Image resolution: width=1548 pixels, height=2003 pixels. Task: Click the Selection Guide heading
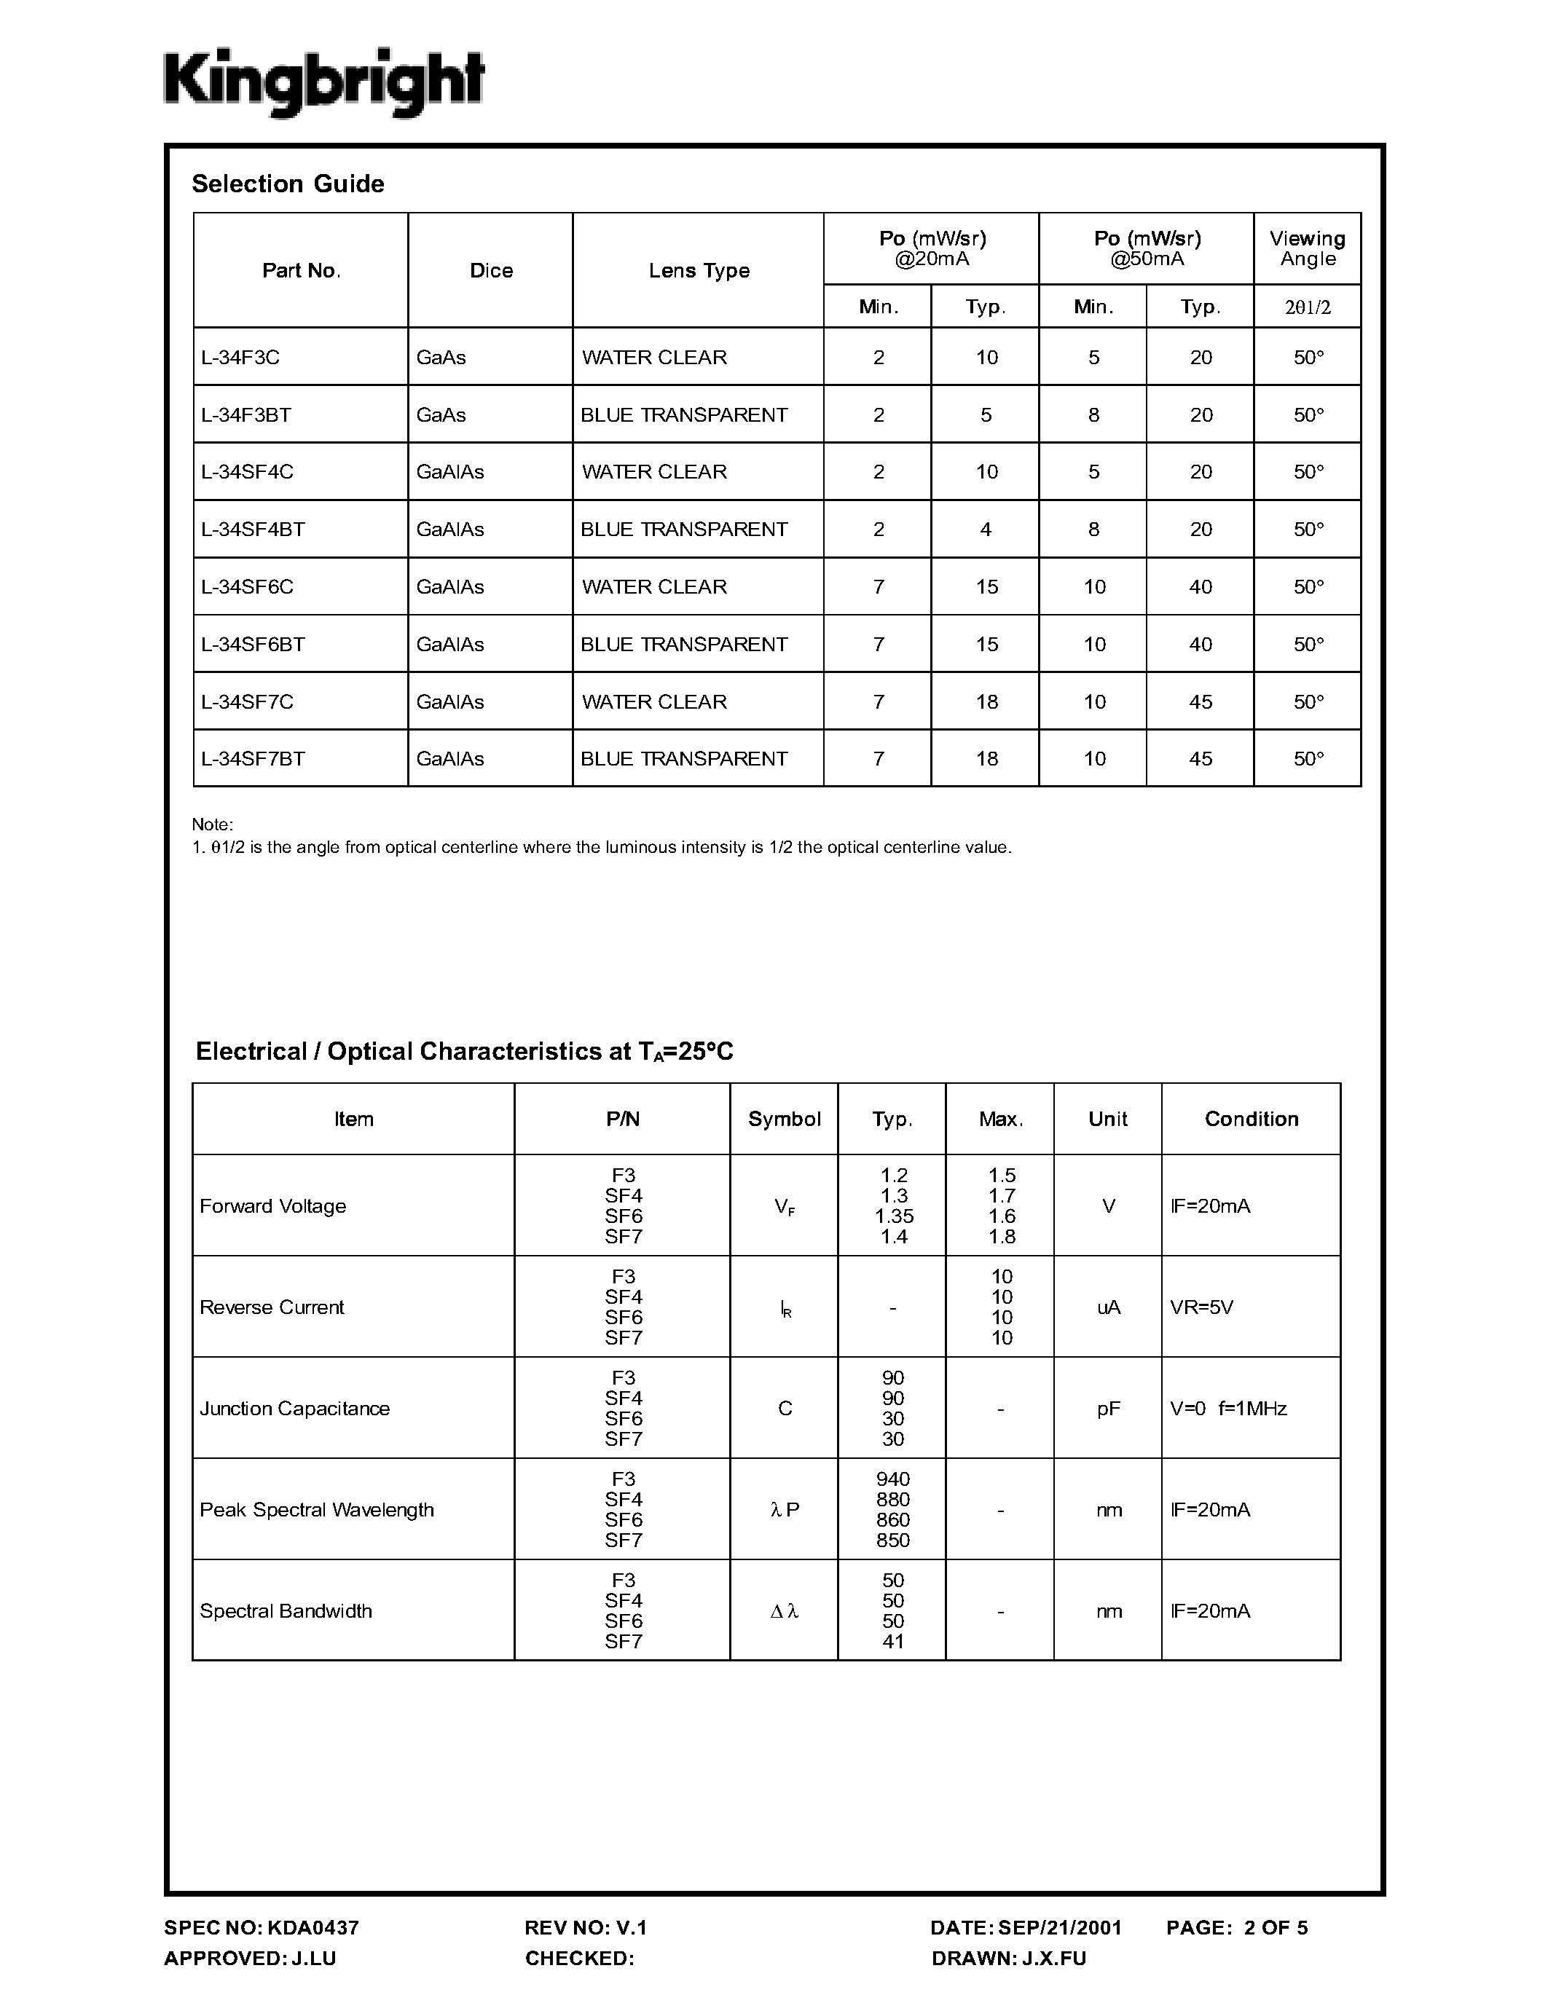coord(287,184)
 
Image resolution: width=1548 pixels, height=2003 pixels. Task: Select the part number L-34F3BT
coord(245,414)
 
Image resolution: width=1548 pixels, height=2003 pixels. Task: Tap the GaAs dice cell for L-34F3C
coord(441,357)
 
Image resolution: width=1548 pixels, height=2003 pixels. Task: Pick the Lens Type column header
coord(699,270)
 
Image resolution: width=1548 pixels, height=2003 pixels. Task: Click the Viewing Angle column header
coord(1307,248)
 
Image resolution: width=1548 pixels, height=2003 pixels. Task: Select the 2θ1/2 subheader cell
coord(1307,307)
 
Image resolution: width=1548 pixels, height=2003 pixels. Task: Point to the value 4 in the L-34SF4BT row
coord(986,530)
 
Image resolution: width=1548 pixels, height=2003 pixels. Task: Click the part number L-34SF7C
coord(247,701)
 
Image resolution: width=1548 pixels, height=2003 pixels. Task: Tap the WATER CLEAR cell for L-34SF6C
coord(654,587)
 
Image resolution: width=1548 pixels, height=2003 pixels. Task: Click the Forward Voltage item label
coord(272,1206)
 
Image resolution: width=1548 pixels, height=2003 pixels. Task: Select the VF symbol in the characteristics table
coord(784,1207)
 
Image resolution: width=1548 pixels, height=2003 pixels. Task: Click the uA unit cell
coord(1108,1307)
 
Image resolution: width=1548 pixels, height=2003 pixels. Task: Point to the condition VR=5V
coord(1201,1307)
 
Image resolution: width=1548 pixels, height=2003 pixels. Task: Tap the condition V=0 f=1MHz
coord(1228,1409)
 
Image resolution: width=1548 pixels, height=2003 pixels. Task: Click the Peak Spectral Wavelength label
coord(316,1510)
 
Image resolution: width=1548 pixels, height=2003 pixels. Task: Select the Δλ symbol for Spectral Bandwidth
coord(784,1610)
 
